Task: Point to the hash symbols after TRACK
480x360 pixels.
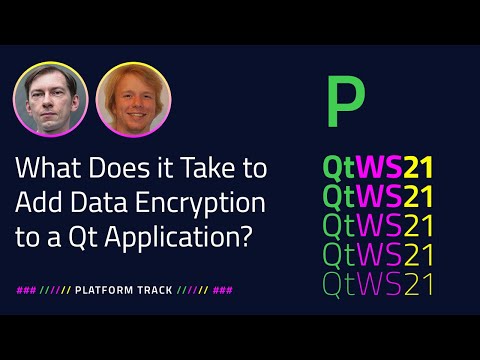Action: coord(224,292)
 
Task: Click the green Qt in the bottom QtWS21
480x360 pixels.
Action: coord(341,284)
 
